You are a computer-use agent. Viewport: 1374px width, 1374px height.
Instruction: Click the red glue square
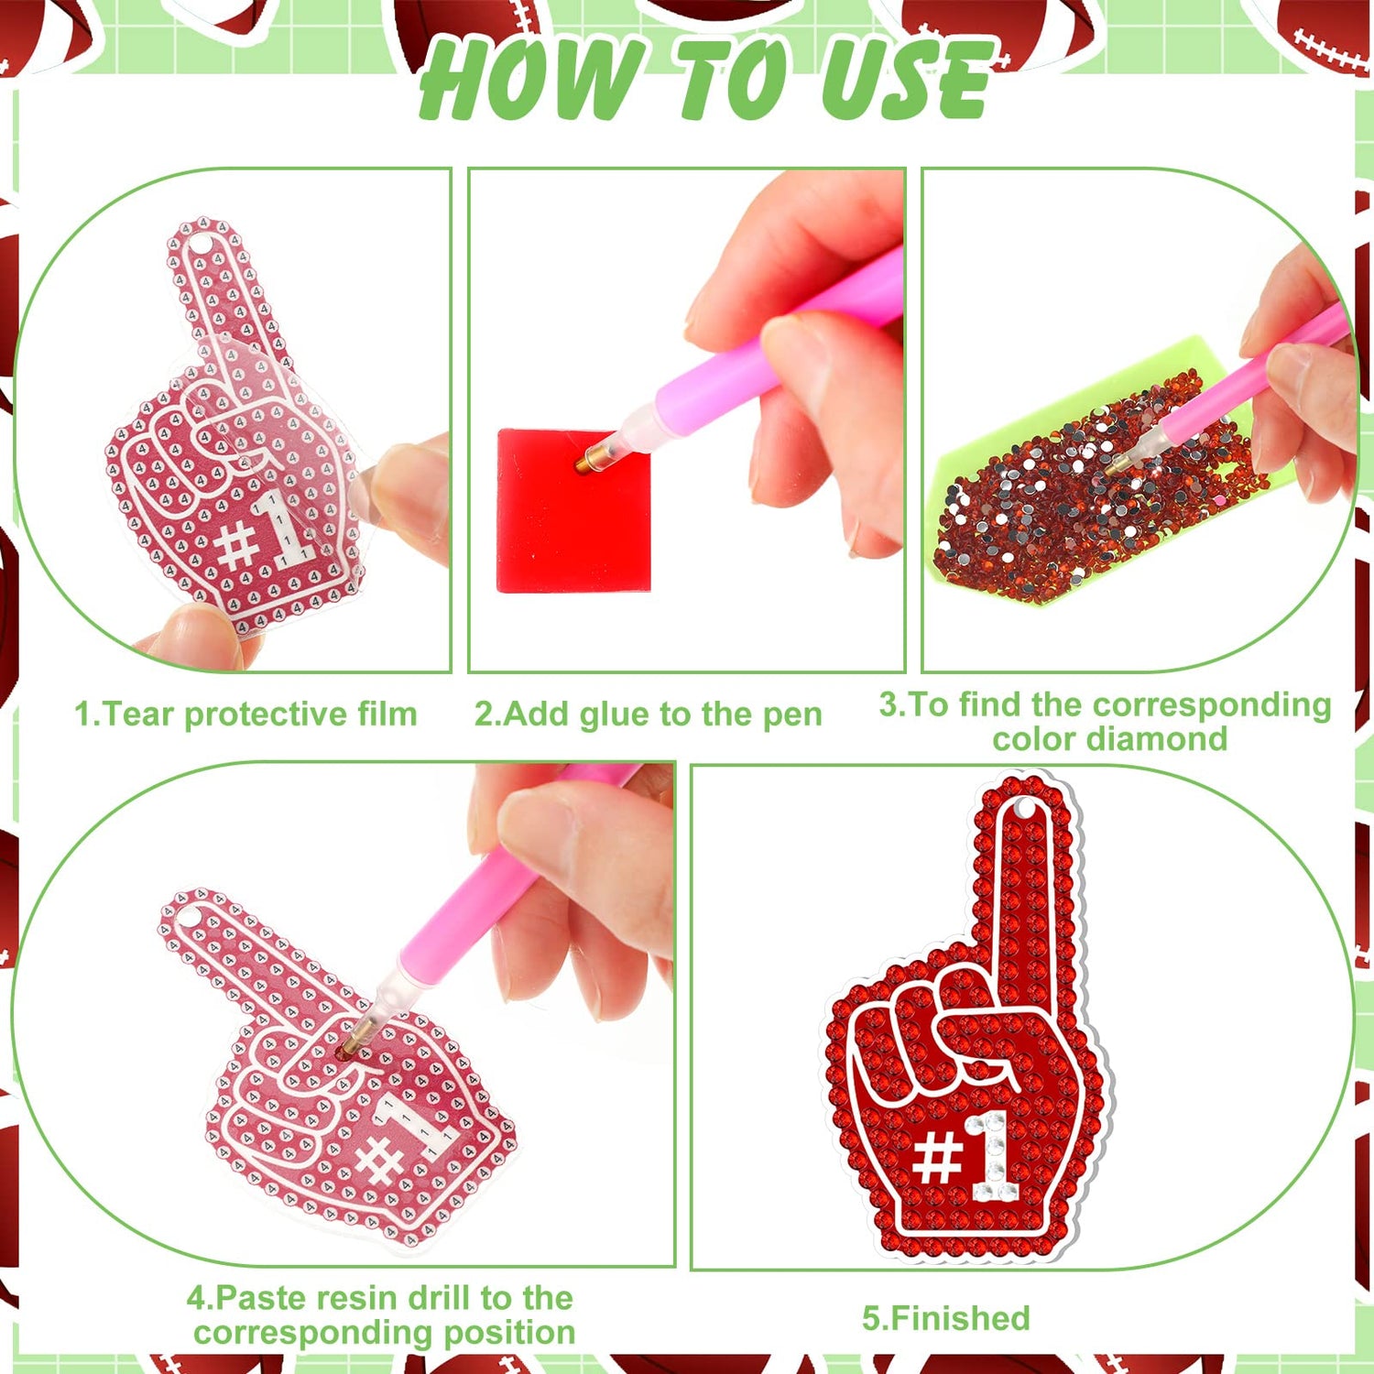[x=573, y=510]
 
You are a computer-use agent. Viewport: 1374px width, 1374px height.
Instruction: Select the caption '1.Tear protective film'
[x=245, y=714]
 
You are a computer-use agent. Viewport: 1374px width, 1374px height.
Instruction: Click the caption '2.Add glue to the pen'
[x=648, y=714]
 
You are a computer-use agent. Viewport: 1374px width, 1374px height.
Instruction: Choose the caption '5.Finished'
[x=946, y=1318]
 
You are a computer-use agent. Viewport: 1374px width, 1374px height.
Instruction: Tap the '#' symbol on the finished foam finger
[x=936, y=1159]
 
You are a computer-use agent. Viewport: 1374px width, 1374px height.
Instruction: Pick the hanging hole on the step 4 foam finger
[x=187, y=913]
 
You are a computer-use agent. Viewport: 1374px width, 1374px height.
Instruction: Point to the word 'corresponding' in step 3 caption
[x=1213, y=704]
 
